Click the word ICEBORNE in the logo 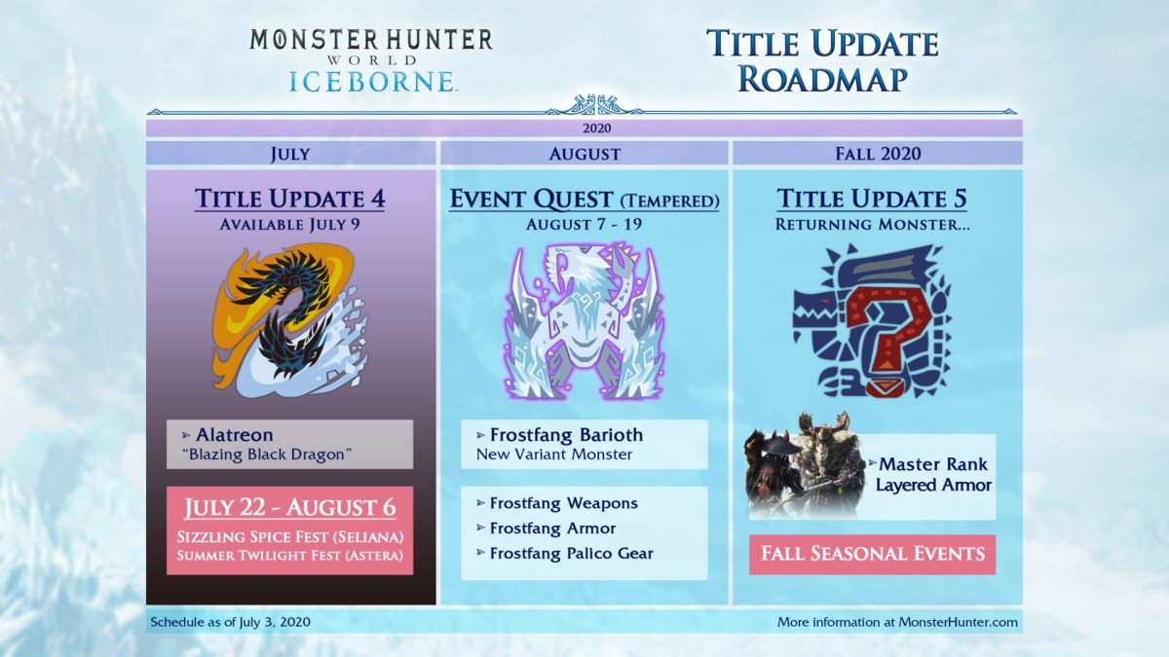pyautogui.click(x=371, y=82)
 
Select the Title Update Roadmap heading pyautogui.click(x=822, y=60)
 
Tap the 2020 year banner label pyautogui.click(x=596, y=128)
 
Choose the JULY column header pyautogui.click(x=290, y=154)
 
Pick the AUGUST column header pyautogui.click(x=584, y=154)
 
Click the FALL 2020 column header pyautogui.click(x=878, y=154)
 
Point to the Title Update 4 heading pyautogui.click(x=289, y=199)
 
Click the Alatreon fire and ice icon pyautogui.click(x=290, y=321)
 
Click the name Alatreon pyautogui.click(x=235, y=435)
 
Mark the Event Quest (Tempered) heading pyautogui.click(x=584, y=200)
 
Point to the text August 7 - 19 pyautogui.click(x=584, y=224)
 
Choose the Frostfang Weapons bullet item pyautogui.click(x=564, y=503)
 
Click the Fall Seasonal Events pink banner pyautogui.click(x=873, y=555)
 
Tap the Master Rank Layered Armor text pyautogui.click(x=933, y=475)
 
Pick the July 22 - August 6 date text pyautogui.click(x=289, y=507)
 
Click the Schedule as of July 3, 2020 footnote pyautogui.click(x=230, y=622)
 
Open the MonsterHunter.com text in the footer pyautogui.click(x=959, y=622)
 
